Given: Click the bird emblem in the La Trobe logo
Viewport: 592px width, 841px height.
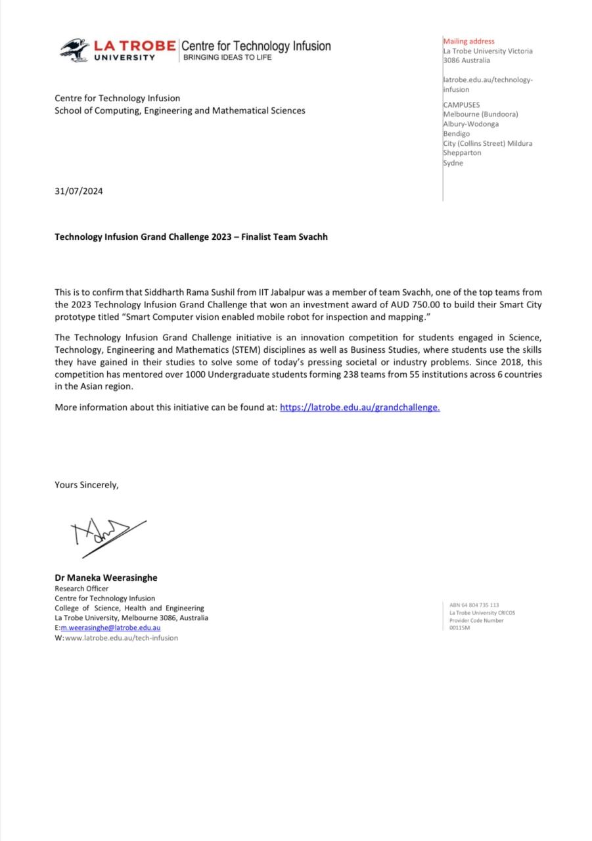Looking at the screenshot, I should click(x=74, y=50).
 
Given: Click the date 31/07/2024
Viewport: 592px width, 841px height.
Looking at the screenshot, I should click(x=79, y=191).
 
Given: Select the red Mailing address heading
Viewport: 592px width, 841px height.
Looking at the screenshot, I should click(x=468, y=41).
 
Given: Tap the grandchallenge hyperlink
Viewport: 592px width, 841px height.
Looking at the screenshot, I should click(x=359, y=407).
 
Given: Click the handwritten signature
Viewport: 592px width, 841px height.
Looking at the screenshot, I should click(x=108, y=533).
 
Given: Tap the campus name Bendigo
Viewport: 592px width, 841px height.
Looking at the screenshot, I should click(x=457, y=133).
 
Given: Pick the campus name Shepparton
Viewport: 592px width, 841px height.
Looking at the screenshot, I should click(x=463, y=152).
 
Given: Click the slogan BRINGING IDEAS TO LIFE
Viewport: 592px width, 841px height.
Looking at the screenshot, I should click(x=227, y=57).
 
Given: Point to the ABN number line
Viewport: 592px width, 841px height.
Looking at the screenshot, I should click(x=474, y=605).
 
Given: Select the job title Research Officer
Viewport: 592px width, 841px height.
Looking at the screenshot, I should click(x=81, y=589).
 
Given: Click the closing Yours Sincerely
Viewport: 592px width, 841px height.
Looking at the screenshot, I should click(x=87, y=485).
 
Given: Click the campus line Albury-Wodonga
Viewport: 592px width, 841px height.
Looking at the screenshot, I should click(x=470, y=124).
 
